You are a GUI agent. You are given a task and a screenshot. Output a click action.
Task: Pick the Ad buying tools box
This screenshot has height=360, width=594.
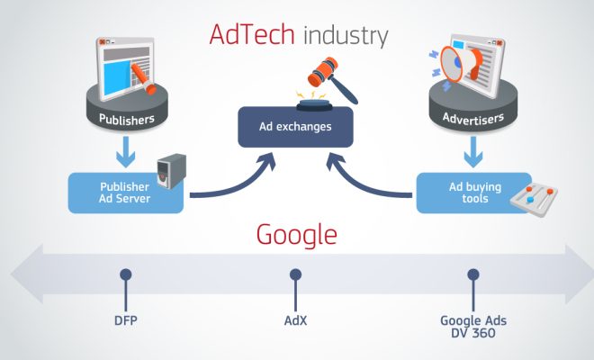click(x=467, y=192)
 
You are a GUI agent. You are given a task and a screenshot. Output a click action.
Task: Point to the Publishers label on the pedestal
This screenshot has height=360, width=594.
click(x=125, y=118)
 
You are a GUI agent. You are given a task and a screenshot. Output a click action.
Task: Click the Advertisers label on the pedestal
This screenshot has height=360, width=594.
click(x=472, y=117)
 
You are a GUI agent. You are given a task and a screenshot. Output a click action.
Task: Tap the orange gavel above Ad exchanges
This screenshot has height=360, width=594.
click(x=307, y=76)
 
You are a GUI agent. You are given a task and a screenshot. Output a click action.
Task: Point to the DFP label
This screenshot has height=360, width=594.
click(x=126, y=320)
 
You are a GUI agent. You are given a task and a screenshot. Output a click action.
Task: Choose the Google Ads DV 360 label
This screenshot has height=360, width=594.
click(x=471, y=326)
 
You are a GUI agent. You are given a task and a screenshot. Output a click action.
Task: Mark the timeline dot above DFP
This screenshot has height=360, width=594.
click(x=126, y=274)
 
